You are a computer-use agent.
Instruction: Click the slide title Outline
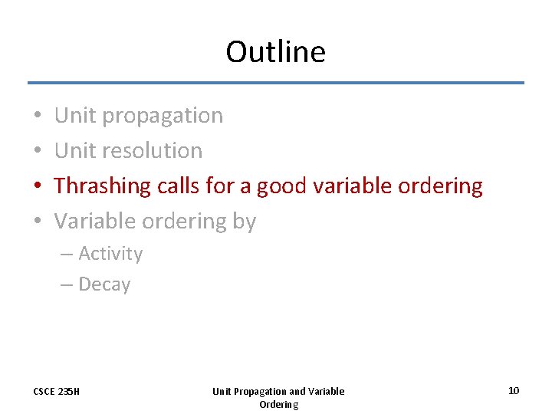pyautogui.click(x=275, y=52)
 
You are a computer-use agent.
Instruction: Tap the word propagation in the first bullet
pyautogui.click(x=163, y=116)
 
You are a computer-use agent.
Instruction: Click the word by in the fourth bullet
pyautogui.click(x=245, y=222)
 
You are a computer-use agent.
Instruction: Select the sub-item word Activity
pyautogui.click(x=110, y=254)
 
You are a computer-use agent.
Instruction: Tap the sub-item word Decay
pyautogui.click(x=104, y=284)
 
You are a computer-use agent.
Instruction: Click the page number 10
pyautogui.click(x=514, y=391)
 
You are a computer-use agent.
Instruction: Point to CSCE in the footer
pyautogui.click(x=44, y=392)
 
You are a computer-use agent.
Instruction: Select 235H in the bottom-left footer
pyautogui.click(x=70, y=392)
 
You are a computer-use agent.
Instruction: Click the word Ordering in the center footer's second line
pyautogui.click(x=278, y=404)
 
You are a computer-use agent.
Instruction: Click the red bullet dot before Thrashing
pyautogui.click(x=38, y=186)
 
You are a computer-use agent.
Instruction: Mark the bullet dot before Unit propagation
pyautogui.click(x=38, y=116)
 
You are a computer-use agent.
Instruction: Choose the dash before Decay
pyautogui.click(x=67, y=284)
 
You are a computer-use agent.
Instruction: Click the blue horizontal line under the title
pyautogui.click(x=276, y=83)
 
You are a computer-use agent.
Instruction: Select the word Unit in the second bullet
pyautogui.click(x=75, y=151)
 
